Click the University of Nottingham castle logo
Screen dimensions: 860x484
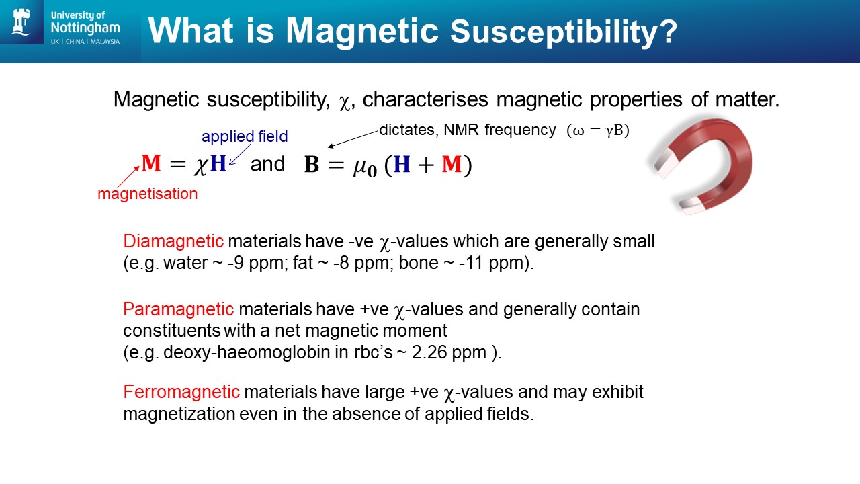pyautogui.click(x=21, y=22)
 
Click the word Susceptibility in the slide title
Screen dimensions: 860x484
pyautogui.click(x=564, y=32)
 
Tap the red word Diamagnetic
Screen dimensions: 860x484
pyautogui.click(x=173, y=241)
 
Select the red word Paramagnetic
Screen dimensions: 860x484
pyautogui.click(x=179, y=309)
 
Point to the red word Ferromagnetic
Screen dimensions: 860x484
pyautogui.click(x=181, y=392)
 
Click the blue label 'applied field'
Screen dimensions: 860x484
pyautogui.click(x=245, y=136)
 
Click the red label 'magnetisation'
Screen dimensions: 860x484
pyautogui.click(x=148, y=194)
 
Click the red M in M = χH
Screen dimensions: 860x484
pyautogui.click(x=151, y=163)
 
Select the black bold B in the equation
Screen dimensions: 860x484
pyautogui.click(x=311, y=165)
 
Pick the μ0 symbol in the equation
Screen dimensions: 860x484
pyautogui.click(x=365, y=167)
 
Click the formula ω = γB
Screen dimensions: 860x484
pyautogui.click(x=598, y=130)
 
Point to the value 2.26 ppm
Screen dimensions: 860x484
pyautogui.click(x=449, y=352)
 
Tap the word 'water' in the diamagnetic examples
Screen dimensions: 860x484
pyautogui.click(x=185, y=263)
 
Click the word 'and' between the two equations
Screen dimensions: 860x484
pyautogui.click(x=267, y=164)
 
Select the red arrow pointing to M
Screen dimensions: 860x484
pyautogui.click(x=128, y=177)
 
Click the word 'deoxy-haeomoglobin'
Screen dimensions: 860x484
pyautogui.click(x=247, y=352)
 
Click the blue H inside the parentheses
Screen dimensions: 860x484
pyautogui.click(x=402, y=165)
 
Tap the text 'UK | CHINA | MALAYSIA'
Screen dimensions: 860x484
pyautogui.click(x=85, y=42)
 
